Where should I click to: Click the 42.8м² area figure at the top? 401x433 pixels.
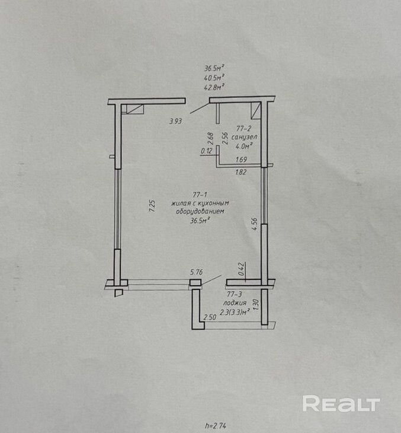pos(214,87)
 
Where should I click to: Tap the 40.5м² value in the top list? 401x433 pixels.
pos(214,77)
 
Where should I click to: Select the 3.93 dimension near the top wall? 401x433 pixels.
pos(175,121)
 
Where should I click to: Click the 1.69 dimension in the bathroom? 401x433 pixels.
pos(241,160)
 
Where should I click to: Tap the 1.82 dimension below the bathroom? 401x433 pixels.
pos(241,173)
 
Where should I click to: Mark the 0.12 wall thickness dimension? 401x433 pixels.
pos(207,151)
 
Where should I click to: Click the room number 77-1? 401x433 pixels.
pos(199,195)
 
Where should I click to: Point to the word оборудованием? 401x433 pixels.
pos(199,211)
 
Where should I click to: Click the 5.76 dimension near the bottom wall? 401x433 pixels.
pos(196,273)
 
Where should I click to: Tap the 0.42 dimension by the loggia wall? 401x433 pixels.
pos(241,270)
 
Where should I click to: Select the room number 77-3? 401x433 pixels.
pos(235,294)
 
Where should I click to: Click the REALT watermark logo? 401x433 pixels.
pos(341,404)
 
